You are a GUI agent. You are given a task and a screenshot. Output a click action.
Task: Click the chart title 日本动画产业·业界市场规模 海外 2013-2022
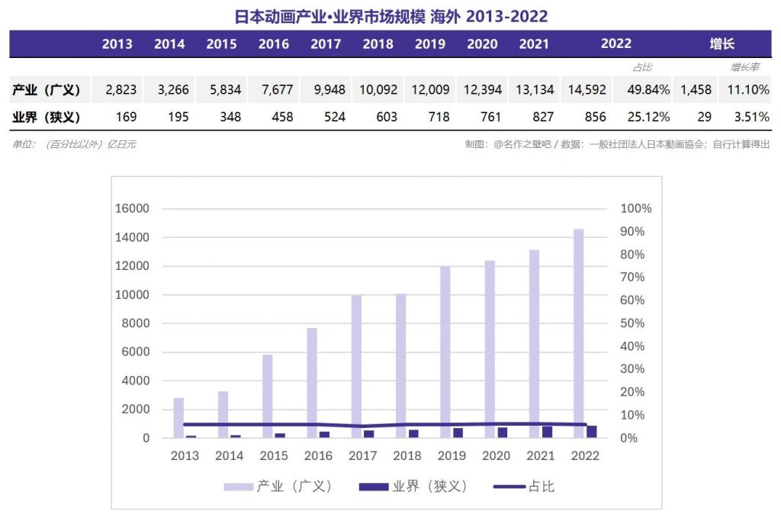coord(390,16)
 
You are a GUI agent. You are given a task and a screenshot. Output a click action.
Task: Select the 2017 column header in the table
coord(326,43)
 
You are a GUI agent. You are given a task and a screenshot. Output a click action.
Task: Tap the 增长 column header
coord(722,43)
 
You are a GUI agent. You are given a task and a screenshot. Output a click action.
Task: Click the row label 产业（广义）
coord(47,90)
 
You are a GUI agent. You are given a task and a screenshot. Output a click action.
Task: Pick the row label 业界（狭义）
coord(47,117)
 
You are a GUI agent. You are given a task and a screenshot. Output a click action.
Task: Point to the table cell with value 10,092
coord(378,90)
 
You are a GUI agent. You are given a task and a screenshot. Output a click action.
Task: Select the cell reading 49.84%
coord(648,90)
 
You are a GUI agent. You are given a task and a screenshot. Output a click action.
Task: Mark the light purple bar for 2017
coord(356,366)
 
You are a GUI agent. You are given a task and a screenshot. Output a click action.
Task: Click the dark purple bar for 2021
coord(548,432)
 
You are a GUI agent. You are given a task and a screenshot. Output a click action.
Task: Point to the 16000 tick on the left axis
coord(132,208)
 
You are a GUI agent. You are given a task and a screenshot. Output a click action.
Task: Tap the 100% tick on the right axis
coord(636,208)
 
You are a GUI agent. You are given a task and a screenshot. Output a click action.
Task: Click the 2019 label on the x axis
coord(452,455)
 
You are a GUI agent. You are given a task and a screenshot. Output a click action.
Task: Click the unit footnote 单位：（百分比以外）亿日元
coord(74,143)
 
